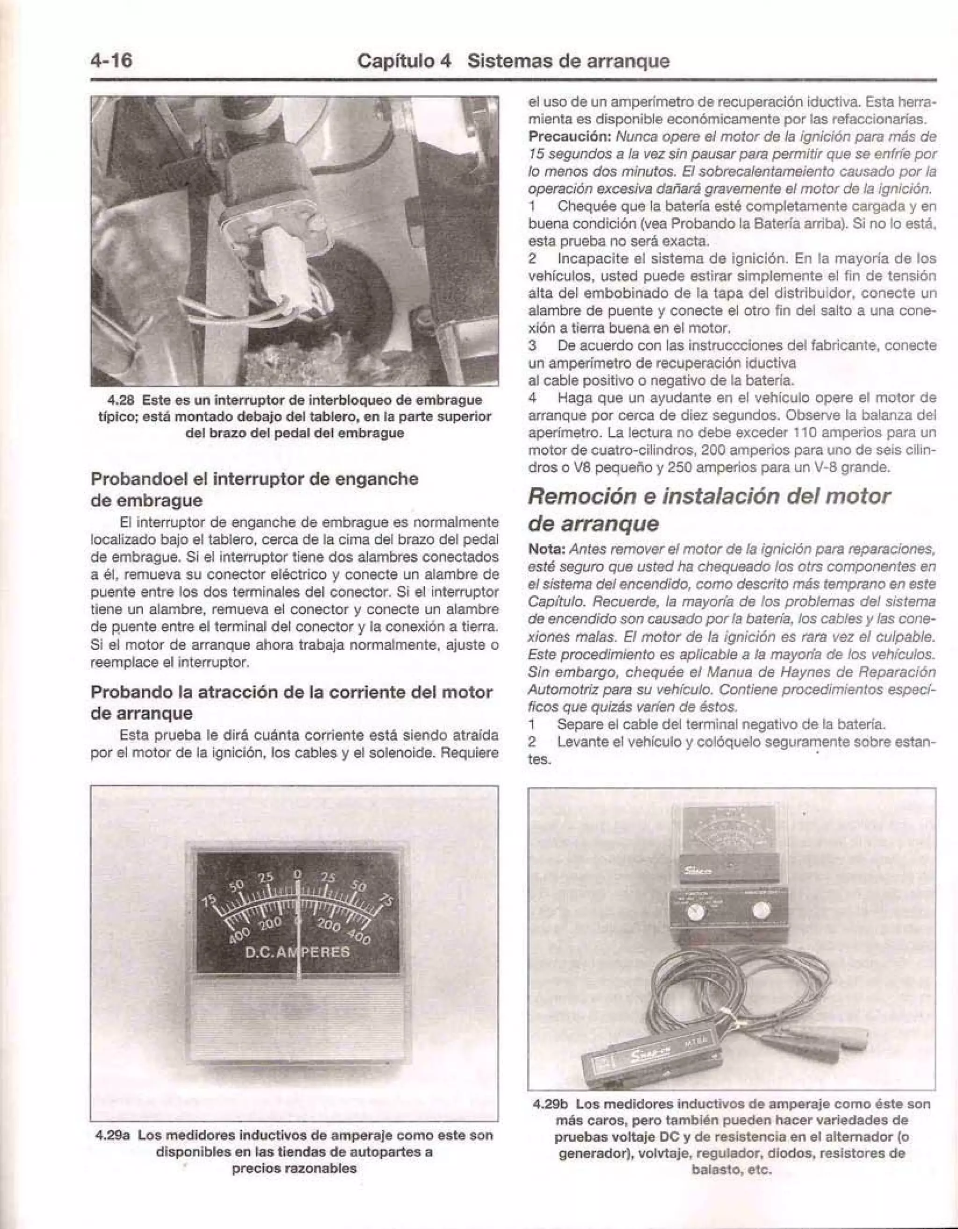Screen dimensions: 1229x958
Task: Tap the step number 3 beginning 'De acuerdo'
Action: point(532,344)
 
